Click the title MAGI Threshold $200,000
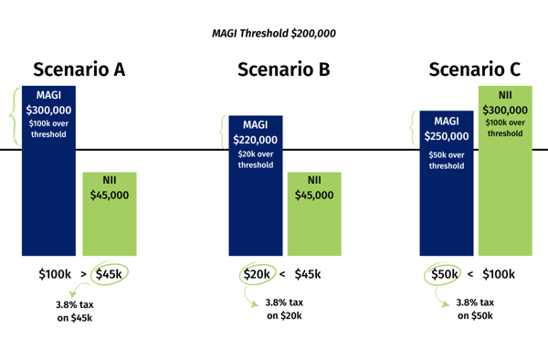(273, 33)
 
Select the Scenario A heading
(79, 69)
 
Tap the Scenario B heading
(283, 69)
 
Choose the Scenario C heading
(475, 69)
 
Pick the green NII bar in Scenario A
(110, 219)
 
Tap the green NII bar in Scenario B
(314, 219)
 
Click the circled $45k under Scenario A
(111, 273)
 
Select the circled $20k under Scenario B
(257, 273)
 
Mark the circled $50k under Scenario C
(445, 273)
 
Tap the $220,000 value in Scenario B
(255, 141)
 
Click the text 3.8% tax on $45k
(77, 312)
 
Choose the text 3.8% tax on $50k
(475, 309)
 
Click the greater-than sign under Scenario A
(83, 273)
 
